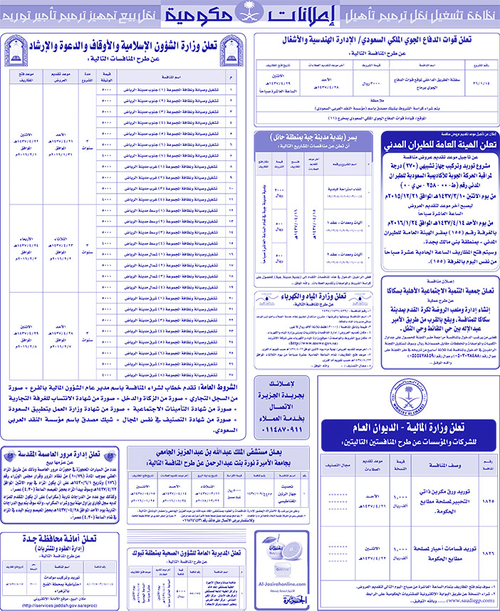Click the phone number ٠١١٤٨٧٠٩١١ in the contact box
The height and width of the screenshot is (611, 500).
coord(280,432)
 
